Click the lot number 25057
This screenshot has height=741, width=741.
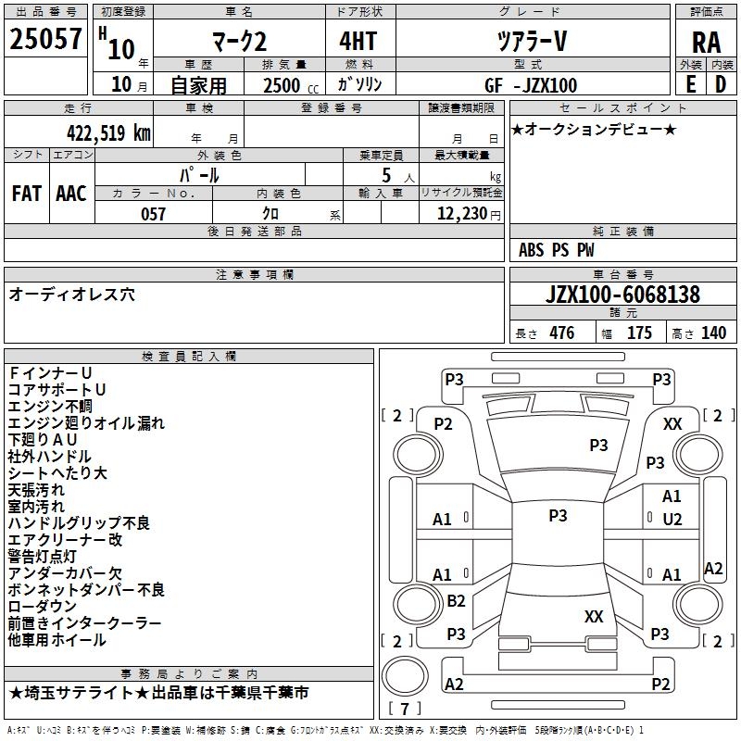pos(45,40)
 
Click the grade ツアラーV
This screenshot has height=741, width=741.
pos(531,41)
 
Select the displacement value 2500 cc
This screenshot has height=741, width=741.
pos(289,85)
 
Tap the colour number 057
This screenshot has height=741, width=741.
pos(153,214)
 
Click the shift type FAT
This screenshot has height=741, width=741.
pos(26,194)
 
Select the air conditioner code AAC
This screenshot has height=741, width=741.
pos(71,194)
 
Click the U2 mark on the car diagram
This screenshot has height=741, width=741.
pos(672,519)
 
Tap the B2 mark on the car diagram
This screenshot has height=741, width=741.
pos(456,601)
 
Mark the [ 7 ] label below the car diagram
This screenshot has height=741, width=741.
pos(404,709)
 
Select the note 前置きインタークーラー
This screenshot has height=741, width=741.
pos(84,622)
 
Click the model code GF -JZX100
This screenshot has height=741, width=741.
pos(531,85)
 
